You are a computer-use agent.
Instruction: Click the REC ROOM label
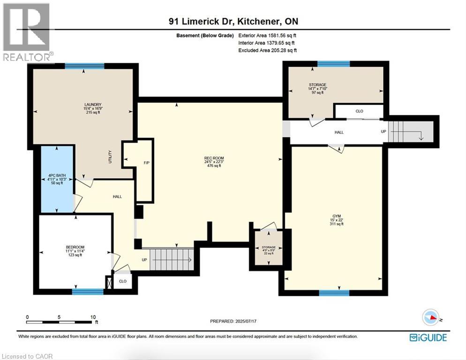[214, 158]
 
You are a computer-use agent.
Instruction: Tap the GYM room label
[337, 216]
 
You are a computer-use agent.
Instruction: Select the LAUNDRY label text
[93, 105]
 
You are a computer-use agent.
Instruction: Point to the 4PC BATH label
[57, 176]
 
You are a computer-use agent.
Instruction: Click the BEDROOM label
[75, 247]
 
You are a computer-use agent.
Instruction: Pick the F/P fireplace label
[147, 163]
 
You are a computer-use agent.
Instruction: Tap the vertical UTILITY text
[110, 157]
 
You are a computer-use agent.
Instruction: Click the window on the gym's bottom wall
[334, 293]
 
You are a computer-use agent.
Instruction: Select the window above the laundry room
[85, 66]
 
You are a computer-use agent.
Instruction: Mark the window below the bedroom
[88, 292]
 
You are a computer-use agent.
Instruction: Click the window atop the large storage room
[333, 64]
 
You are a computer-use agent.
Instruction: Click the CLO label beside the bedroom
[123, 281]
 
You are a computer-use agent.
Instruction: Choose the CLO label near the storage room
[359, 111]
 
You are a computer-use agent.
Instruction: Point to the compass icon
[431, 317]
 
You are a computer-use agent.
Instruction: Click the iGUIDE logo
[428, 337]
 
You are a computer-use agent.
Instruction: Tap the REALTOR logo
[28, 32]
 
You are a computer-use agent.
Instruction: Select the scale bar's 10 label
[93, 317]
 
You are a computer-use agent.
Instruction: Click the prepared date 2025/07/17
[246, 322]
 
